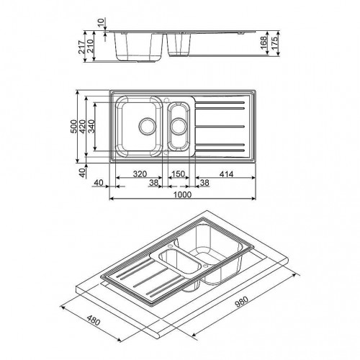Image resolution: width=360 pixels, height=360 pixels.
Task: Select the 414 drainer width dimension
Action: [226, 174]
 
